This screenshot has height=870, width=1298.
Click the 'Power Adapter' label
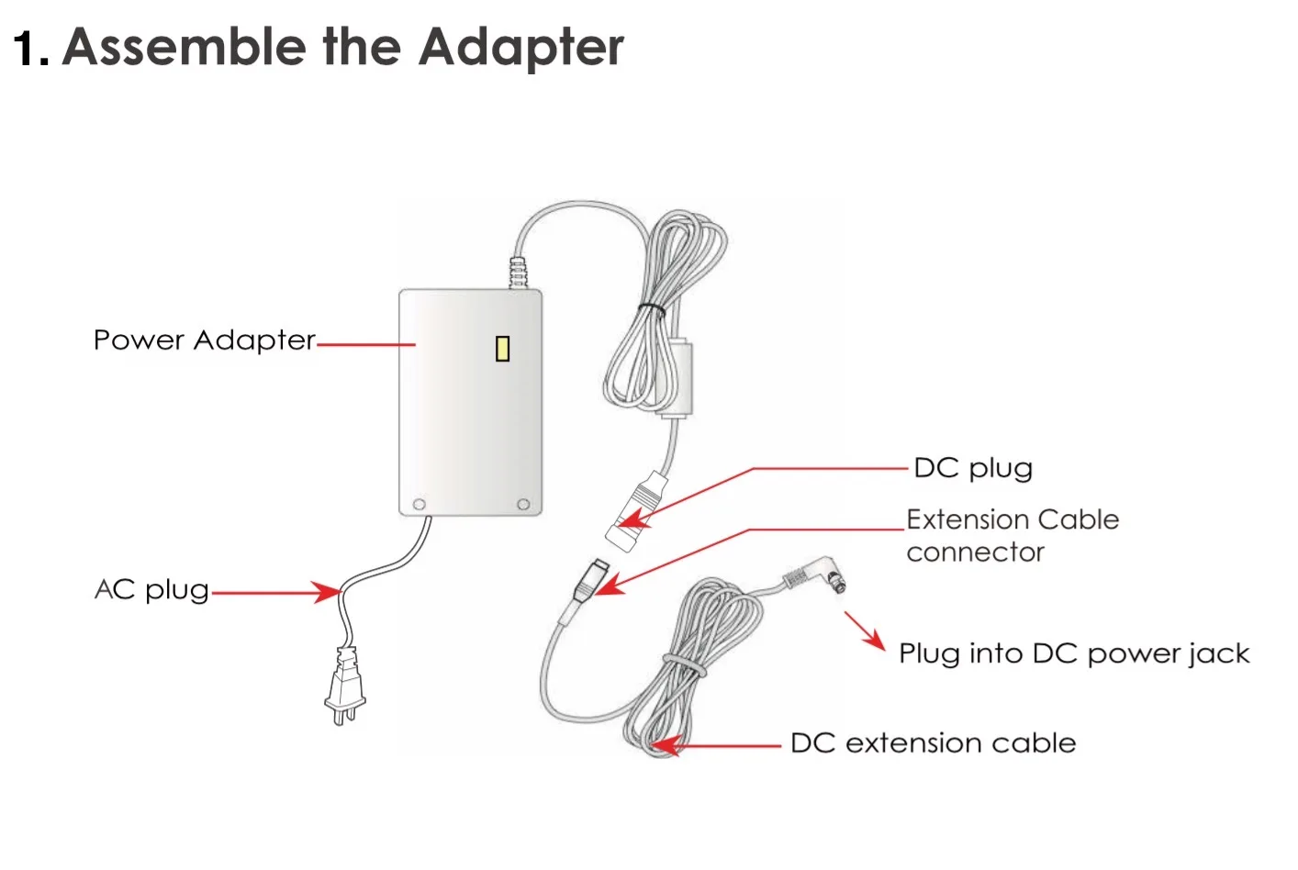pos(204,340)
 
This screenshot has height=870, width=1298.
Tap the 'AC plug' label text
pos(151,589)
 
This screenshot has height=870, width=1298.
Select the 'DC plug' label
pos(973,468)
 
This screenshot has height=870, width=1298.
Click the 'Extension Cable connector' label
pos(1012,535)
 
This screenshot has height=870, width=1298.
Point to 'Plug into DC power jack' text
pos(1074,653)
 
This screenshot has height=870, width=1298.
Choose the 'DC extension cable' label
pos(933,742)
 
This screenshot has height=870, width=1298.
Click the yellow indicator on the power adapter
pos(502,349)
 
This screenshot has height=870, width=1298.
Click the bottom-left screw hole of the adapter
pos(420,505)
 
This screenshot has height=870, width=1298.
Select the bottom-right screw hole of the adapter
pos(523,505)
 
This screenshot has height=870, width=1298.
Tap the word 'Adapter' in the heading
pos(520,48)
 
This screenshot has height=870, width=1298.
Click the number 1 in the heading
pos(28,48)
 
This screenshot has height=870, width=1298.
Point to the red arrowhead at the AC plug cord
pos(326,592)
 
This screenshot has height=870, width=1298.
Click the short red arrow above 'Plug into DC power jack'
pos(864,631)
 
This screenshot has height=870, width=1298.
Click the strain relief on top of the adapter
pos(520,273)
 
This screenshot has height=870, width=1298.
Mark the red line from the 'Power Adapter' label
pos(365,345)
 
